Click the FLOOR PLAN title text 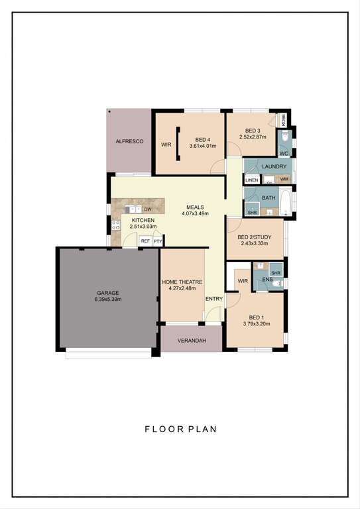click(x=180, y=429)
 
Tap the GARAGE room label click(x=108, y=293)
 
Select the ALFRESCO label click(x=129, y=141)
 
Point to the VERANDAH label click(x=192, y=341)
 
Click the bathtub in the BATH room click(x=286, y=203)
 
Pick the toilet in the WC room click(x=285, y=137)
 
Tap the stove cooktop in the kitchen click(x=116, y=225)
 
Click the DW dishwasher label click(x=148, y=209)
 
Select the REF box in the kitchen click(x=145, y=241)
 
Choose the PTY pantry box click(x=158, y=241)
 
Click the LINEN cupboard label click(x=252, y=180)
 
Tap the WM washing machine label click(x=284, y=179)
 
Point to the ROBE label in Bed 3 click(x=283, y=120)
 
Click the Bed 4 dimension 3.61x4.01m click(x=203, y=146)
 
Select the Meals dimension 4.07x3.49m click(x=195, y=213)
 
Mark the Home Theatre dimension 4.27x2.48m click(x=182, y=288)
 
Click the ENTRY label click(x=214, y=299)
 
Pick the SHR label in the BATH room click(x=252, y=213)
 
